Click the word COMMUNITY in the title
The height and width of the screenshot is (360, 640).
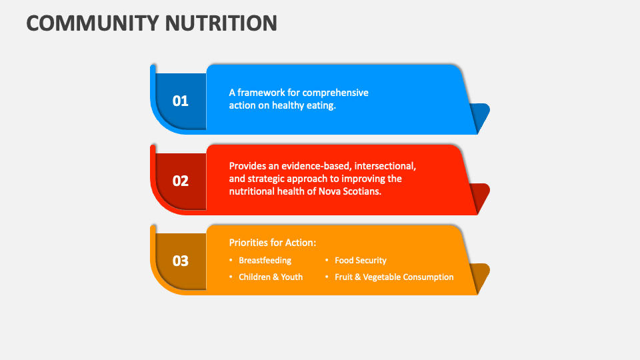coord(89,23)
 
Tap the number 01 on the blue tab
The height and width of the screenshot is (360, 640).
coord(181,101)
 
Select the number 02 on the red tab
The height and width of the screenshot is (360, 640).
coord(181,181)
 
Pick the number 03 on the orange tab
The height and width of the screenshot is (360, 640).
coord(181,261)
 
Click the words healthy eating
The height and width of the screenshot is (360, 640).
coord(303,105)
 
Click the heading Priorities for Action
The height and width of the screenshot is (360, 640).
coord(273,243)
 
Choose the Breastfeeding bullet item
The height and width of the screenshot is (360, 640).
coord(265,261)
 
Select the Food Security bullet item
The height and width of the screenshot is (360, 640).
coord(360,261)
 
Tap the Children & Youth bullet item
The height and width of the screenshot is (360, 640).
coord(270,277)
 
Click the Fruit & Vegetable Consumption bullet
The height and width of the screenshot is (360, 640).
coord(393,277)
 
